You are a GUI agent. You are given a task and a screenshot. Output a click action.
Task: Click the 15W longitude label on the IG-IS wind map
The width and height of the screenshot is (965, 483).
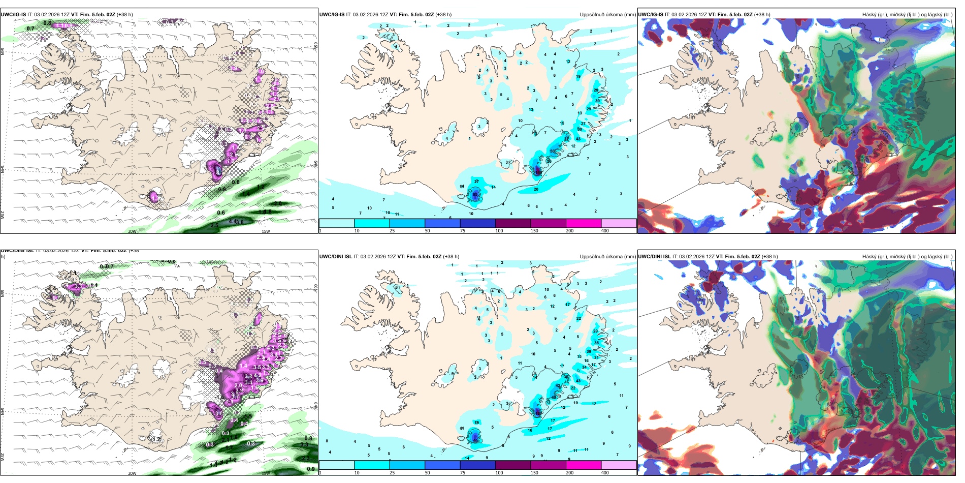tap(265, 231)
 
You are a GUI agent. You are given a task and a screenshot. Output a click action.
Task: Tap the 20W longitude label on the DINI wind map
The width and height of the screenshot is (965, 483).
tap(132, 473)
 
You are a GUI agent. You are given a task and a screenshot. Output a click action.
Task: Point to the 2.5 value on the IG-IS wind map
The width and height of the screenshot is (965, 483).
tap(214, 225)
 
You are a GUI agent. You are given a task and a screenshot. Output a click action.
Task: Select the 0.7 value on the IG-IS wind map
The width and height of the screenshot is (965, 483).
tap(30, 29)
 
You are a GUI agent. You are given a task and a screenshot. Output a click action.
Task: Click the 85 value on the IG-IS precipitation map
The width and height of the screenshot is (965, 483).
tap(475, 194)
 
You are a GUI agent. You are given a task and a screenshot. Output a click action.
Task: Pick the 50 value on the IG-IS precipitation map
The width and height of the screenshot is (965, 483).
tap(553, 151)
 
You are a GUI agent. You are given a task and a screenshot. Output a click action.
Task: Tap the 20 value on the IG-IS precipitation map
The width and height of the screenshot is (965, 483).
tap(536, 189)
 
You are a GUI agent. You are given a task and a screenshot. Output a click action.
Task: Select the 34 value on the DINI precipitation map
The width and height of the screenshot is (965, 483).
tap(585, 367)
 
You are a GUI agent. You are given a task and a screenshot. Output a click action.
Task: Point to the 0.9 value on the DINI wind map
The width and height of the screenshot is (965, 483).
tap(311, 469)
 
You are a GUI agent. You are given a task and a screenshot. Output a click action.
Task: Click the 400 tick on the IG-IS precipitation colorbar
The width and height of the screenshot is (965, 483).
tap(605, 231)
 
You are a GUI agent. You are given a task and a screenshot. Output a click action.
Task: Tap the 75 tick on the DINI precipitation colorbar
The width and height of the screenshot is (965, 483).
tap(463, 472)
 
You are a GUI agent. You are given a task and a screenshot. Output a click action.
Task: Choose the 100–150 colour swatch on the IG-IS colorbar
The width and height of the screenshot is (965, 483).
tap(513, 223)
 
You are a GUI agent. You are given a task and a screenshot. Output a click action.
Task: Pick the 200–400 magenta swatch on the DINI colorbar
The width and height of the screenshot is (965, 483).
tap(584, 465)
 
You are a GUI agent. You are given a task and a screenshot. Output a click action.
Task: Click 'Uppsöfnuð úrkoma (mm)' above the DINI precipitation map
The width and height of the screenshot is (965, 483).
tap(607, 257)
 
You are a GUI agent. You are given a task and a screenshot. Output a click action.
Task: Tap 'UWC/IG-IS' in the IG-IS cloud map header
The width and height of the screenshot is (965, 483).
tap(651, 15)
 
